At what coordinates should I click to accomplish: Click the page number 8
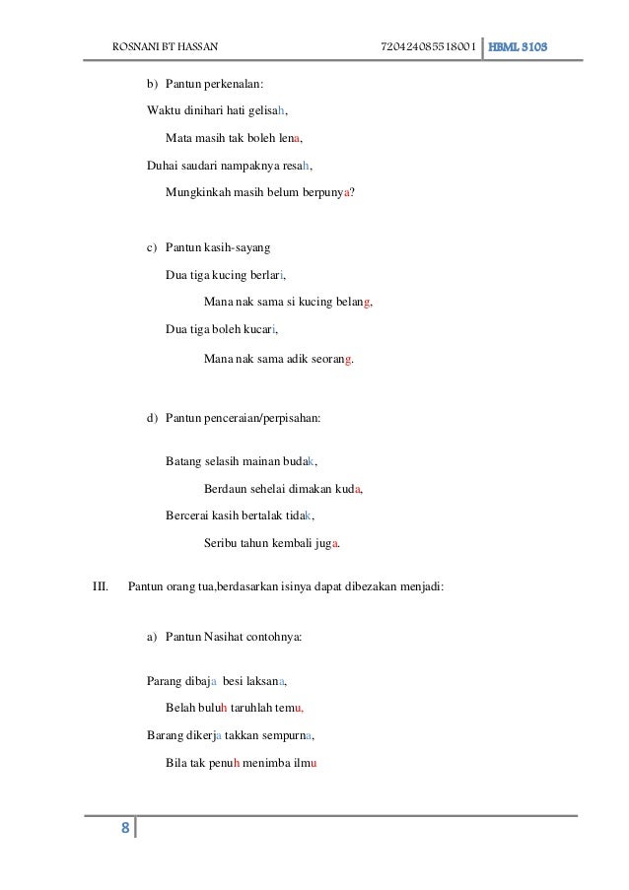tap(125, 827)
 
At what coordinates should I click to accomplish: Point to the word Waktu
tap(163, 109)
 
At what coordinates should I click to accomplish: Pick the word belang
tap(353, 303)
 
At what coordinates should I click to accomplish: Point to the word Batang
tap(183, 460)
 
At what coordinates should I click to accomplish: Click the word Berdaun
tap(226, 488)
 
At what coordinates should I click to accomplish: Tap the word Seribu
tap(222, 543)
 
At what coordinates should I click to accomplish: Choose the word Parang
tap(164, 680)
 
